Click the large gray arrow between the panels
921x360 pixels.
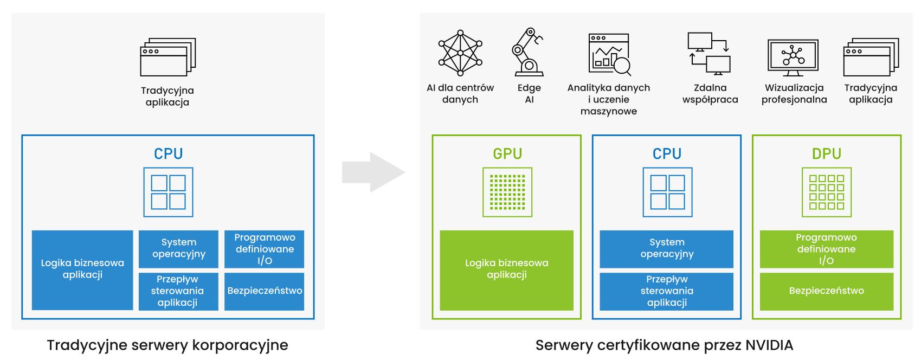[x=373, y=172]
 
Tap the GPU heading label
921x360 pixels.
[x=507, y=154]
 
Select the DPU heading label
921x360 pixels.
[x=826, y=154]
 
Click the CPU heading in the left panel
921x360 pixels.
[x=168, y=154]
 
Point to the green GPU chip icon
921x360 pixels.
[x=507, y=192]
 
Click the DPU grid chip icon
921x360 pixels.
[x=826, y=192]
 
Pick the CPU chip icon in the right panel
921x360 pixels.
[x=667, y=192]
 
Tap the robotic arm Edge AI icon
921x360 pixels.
[x=527, y=52]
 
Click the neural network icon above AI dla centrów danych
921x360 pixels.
[x=460, y=53]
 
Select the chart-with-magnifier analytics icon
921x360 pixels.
[x=610, y=54]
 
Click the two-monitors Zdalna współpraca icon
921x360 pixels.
[x=709, y=53]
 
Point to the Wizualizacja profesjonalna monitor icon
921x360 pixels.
[x=793, y=57]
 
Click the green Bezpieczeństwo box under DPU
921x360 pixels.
[x=826, y=291]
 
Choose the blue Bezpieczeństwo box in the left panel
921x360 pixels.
[x=265, y=291]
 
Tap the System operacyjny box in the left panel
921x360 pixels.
[x=178, y=248]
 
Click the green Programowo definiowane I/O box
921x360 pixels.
[x=826, y=249]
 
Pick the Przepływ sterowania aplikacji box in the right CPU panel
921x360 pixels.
[x=666, y=291]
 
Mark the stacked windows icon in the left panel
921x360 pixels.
[x=168, y=57]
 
